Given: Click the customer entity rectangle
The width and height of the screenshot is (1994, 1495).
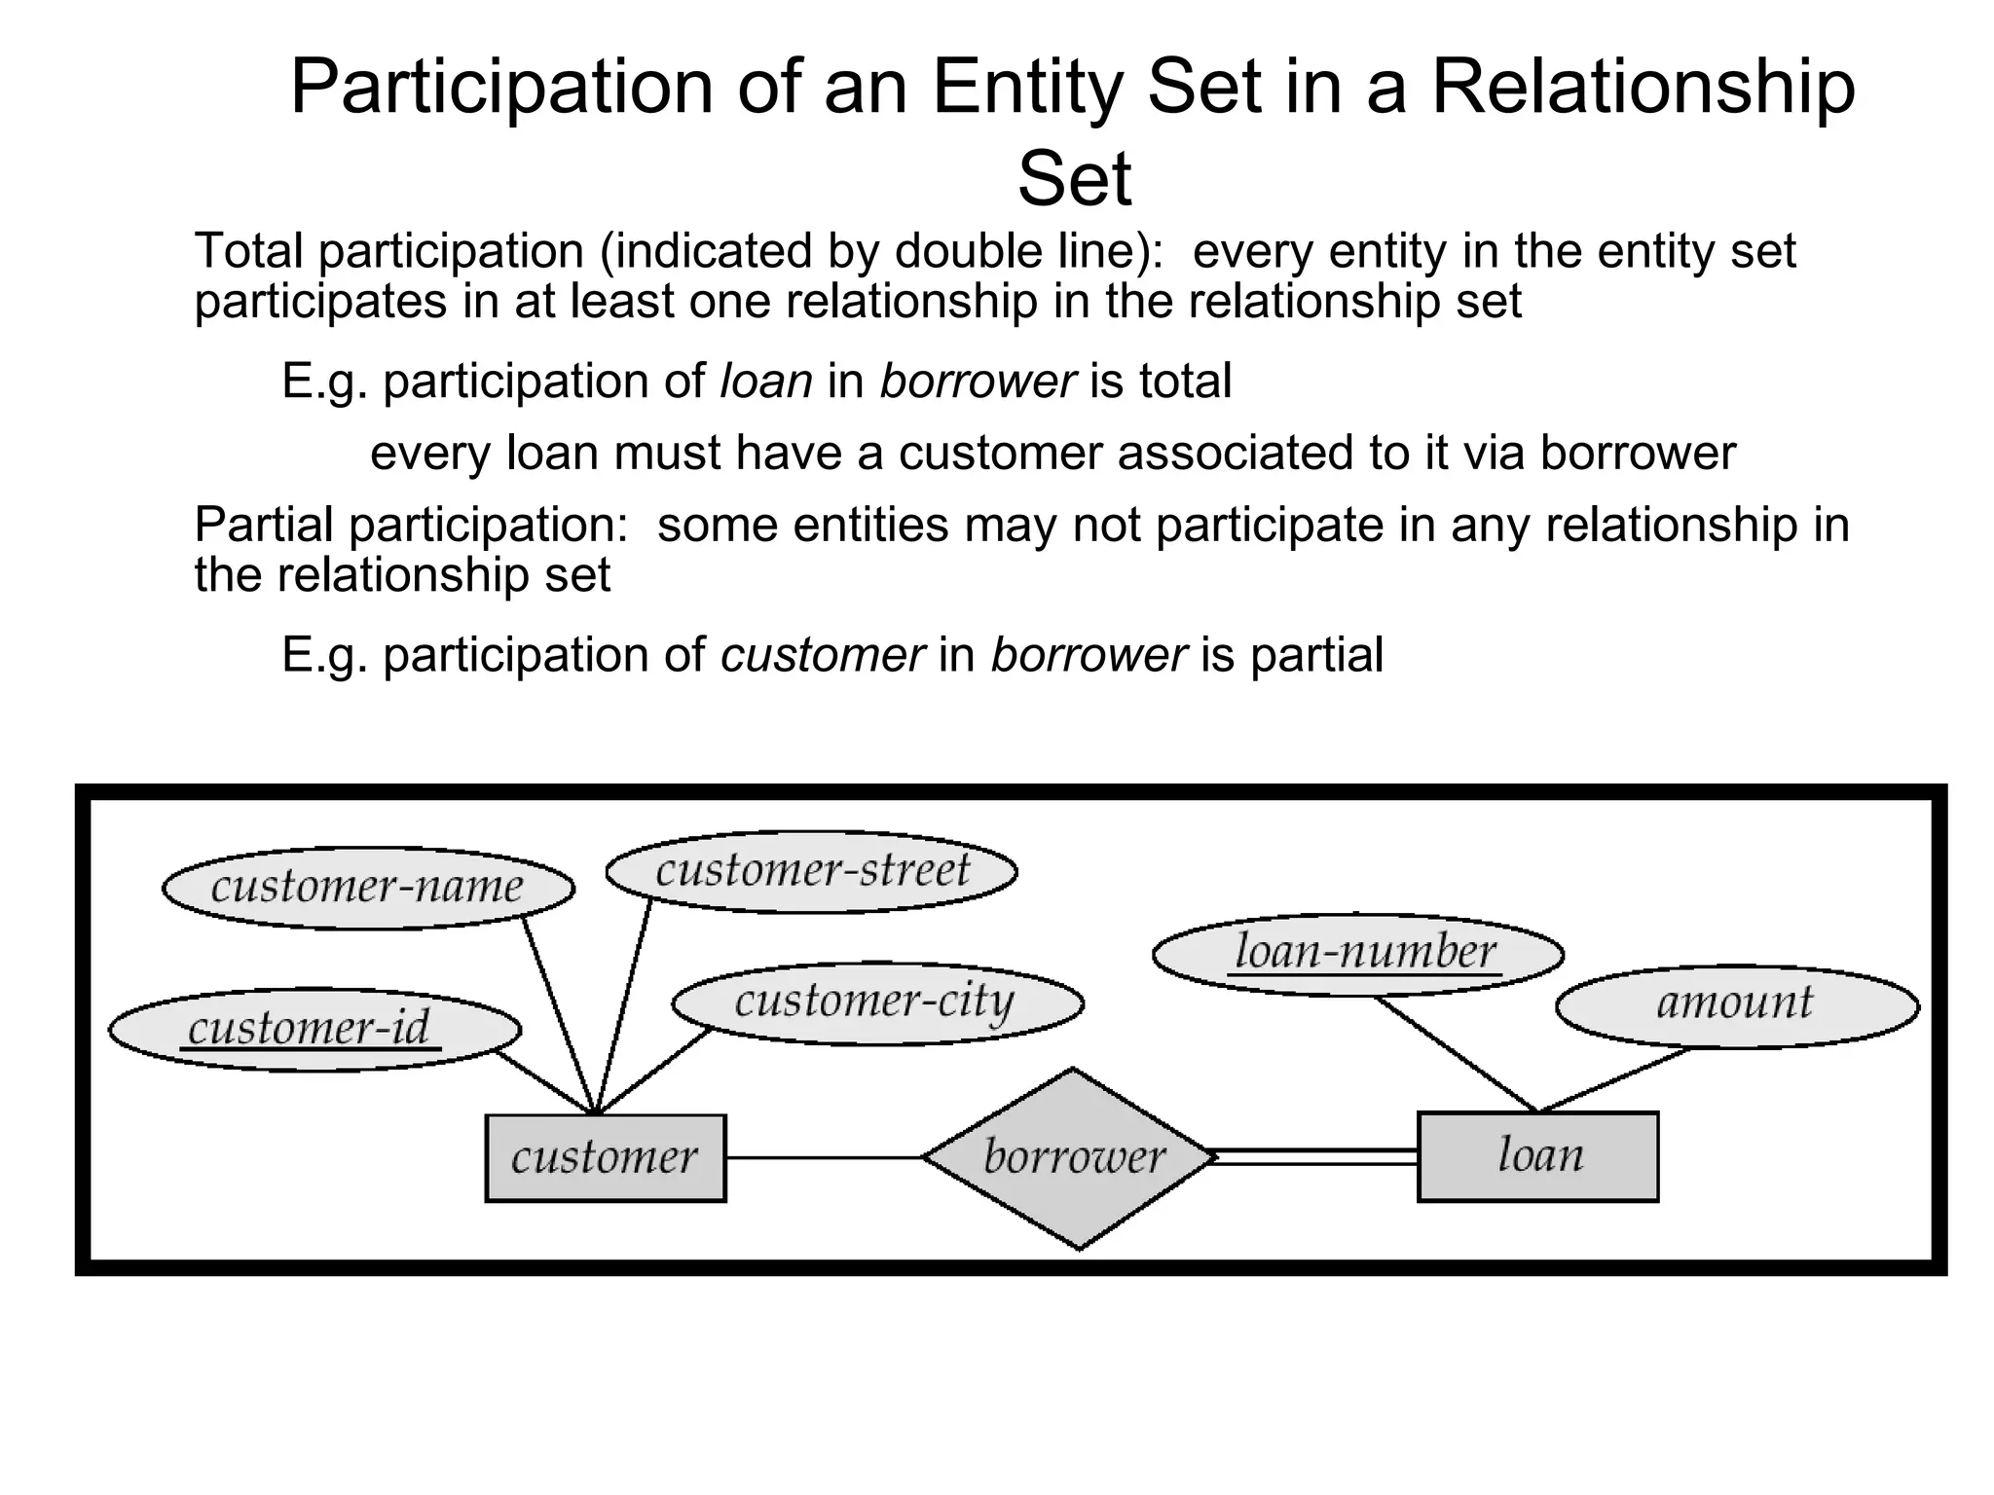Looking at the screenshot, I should click(x=605, y=1157).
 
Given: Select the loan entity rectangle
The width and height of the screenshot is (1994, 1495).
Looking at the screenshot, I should click(x=1537, y=1156).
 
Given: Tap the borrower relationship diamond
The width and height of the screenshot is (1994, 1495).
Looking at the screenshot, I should click(x=1072, y=1157).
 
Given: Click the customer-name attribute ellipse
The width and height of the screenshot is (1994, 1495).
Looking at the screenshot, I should click(x=367, y=888).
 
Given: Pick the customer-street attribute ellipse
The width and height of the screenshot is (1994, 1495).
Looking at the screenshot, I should click(x=811, y=871).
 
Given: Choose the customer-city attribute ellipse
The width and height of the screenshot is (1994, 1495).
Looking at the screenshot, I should click(x=876, y=1003).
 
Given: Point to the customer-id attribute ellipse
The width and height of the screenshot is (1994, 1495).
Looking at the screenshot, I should click(x=314, y=1030).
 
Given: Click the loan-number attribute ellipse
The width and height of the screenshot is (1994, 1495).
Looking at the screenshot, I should click(x=1357, y=954).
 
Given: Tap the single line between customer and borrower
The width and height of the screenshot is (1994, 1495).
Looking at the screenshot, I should click(x=823, y=1157).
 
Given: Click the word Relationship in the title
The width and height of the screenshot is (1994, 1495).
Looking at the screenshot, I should click(x=1643, y=88).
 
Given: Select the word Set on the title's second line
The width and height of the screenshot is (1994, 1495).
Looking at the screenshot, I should click(x=1074, y=179).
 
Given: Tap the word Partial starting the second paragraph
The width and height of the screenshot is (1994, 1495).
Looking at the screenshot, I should click(x=263, y=525).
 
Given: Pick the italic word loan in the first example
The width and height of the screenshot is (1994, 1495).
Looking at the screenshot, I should click(x=765, y=381).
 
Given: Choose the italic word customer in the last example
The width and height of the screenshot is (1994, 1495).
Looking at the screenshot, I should click(x=822, y=654).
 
